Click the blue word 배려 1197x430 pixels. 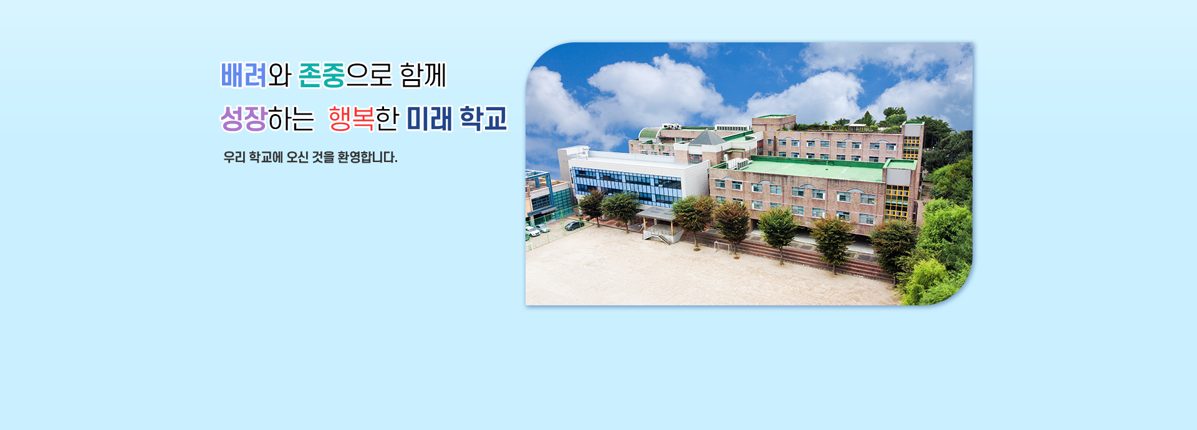(244, 75)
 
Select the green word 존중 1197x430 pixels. (322, 75)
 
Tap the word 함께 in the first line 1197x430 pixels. (423, 75)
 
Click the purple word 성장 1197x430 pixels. (244, 118)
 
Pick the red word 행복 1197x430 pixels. (351, 118)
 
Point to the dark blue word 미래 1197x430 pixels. (430, 118)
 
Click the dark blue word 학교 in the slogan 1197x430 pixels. (483, 118)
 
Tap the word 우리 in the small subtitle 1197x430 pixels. (234, 157)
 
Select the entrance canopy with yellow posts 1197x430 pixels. (656, 215)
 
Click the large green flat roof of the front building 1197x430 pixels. (810, 169)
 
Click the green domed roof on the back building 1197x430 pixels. (649, 133)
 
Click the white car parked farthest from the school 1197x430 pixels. (532, 231)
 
